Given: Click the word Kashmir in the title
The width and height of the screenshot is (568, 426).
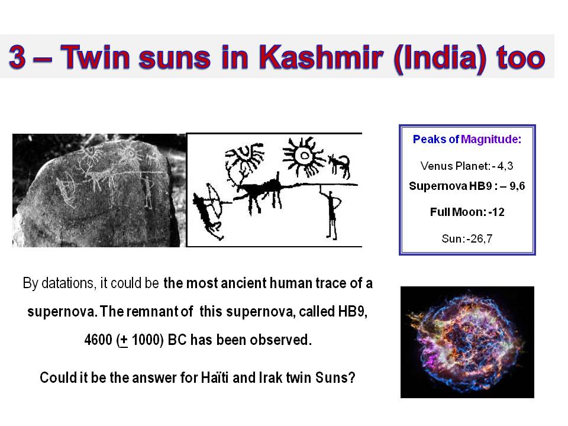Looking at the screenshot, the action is pyautogui.click(x=321, y=57).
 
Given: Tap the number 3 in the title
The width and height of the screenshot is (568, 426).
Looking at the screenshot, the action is pyautogui.click(x=17, y=57).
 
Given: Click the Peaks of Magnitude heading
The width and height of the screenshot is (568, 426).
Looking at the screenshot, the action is pyautogui.click(x=467, y=139).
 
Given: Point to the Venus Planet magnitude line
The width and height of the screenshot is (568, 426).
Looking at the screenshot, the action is pyautogui.click(x=467, y=166).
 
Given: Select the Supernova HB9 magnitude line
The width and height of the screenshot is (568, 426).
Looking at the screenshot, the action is pyautogui.click(x=467, y=186).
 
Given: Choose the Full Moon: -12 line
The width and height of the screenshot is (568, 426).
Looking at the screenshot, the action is pyautogui.click(x=467, y=212).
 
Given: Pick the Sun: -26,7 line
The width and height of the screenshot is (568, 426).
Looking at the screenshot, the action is pyautogui.click(x=467, y=238).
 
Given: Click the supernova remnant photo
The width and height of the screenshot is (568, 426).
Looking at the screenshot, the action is pyautogui.click(x=467, y=343).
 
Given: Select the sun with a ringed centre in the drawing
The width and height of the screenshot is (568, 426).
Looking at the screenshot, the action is pyautogui.click(x=303, y=156).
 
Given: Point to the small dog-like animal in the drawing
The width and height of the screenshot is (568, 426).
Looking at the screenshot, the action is pyautogui.click(x=340, y=166).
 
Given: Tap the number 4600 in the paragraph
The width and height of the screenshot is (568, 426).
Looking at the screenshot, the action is pyautogui.click(x=98, y=340).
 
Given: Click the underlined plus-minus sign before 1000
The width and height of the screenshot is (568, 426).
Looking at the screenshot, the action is pyautogui.click(x=124, y=341).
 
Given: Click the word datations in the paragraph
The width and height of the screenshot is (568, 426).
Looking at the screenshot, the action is pyautogui.click(x=69, y=283).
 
